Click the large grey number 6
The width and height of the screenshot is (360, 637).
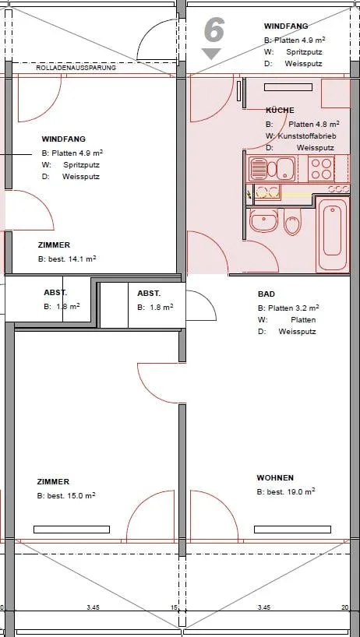(x=214, y=31)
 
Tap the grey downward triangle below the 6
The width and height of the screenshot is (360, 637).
(x=211, y=53)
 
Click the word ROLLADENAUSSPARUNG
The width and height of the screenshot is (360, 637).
(x=76, y=68)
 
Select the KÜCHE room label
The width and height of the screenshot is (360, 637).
(x=280, y=110)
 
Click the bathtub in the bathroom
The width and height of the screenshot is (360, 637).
(x=333, y=234)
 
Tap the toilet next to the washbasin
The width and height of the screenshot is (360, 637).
(x=292, y=222)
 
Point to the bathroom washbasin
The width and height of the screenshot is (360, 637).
(x=263, y=220)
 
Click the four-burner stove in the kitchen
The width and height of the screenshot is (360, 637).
(x=321, y=168)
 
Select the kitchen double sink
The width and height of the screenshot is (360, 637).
(x=272, y=168)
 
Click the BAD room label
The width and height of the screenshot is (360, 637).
(x=266, y=294)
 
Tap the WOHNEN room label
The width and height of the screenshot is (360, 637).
(x=275, y=478)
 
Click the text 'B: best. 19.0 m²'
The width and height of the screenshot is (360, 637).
(x=286, y=491)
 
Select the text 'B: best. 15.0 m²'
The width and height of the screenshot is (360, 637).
(x=66, y=495)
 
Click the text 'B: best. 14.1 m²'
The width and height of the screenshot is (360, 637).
(x=67, y=259)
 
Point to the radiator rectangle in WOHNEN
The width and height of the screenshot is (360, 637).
(x=292, y=530)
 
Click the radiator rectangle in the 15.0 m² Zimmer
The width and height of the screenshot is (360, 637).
(x=72, y=530)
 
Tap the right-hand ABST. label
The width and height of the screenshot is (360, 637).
(x=149, y=294)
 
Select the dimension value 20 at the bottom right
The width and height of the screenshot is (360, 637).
(x=345, y=607)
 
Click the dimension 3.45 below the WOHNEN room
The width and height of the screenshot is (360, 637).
(x=264, y=607)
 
